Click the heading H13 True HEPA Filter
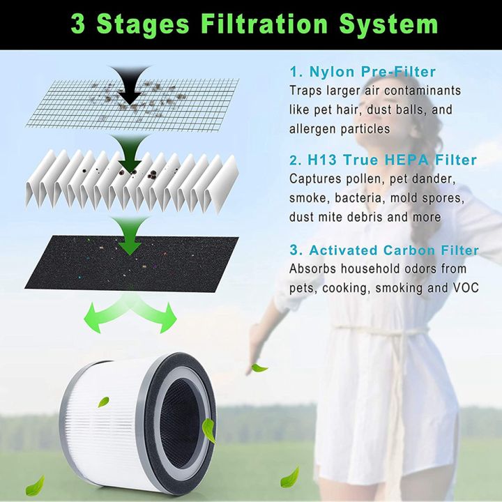383,160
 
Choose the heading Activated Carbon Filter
384,250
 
